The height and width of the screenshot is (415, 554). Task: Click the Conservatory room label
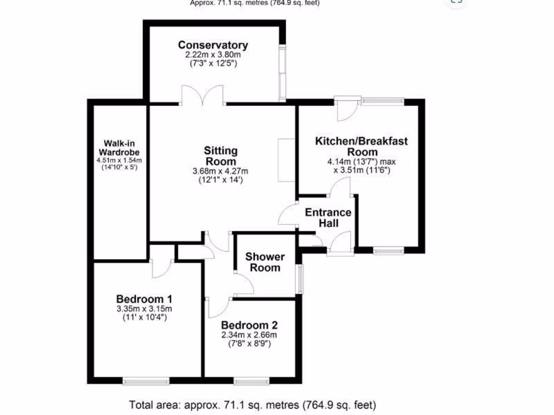[x=213, y=45]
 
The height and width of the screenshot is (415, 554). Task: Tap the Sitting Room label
[x=221, y=156]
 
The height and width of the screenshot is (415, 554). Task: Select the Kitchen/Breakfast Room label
[x=361, y=146]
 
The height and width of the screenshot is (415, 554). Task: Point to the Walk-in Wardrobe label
[x=119, y=148]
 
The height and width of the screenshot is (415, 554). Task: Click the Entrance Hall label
[x=328, y=217]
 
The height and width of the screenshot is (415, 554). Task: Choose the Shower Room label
[x=265, y=262]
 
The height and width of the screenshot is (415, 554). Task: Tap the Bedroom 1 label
[x=144, y=299]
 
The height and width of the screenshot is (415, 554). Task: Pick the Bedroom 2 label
[x=249, y=325]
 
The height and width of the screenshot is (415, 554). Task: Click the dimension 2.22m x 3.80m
[x=213, y=55]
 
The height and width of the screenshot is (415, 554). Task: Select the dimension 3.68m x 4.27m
[x=221, y=172]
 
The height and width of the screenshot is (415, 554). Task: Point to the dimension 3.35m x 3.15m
[x=144, y=309]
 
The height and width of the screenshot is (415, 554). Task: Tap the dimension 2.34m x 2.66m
[x=249, y=335]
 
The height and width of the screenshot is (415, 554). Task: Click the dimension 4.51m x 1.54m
[x=119, y=160]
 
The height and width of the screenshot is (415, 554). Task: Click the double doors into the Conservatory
[x=202, y=96]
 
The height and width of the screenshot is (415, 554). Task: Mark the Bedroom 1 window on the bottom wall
[x=146, y=381]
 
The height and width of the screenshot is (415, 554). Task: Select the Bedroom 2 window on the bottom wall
[x=252, y=381]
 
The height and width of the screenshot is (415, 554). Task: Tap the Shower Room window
[x=299, y=279]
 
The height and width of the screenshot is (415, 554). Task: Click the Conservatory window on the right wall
[x=282, y=72]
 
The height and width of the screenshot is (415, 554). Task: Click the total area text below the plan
[x=252, y=404]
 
